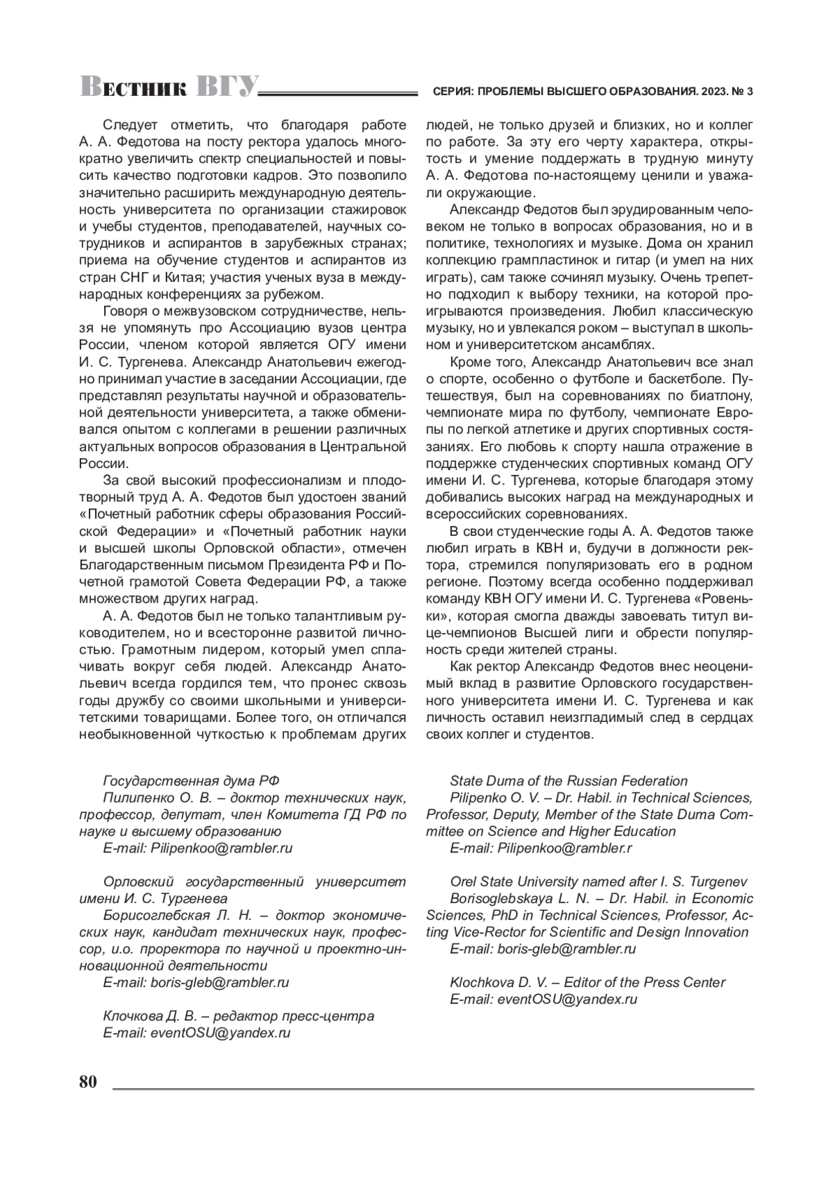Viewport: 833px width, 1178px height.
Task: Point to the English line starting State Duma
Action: pos(569,781)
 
